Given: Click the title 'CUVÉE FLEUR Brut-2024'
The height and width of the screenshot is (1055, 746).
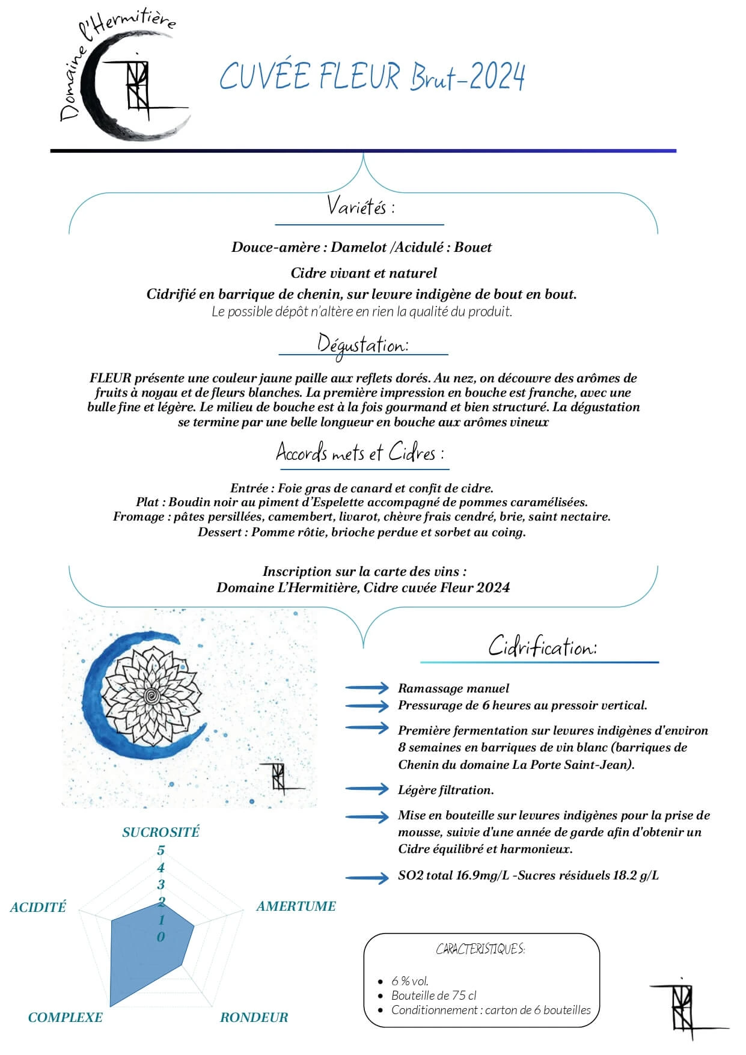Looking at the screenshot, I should coord(372,76).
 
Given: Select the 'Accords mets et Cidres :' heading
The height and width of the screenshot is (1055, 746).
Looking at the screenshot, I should coord(359,452).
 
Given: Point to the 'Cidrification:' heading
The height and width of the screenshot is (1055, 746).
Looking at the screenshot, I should coord(542,647).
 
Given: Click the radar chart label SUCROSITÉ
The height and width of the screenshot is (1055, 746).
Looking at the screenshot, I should coord(161,832).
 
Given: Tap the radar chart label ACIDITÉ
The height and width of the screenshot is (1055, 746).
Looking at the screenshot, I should coord(38,907).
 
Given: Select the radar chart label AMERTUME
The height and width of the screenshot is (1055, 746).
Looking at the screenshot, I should coord(296,906).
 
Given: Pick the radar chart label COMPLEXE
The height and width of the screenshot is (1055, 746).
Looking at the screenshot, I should coord(65,1017).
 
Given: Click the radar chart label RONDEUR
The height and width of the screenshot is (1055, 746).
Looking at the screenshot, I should coord(254,1017).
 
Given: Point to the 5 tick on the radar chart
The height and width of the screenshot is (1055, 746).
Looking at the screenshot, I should coord(161,850).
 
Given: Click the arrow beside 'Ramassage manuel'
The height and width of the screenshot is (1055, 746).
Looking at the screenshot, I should coord(367,688).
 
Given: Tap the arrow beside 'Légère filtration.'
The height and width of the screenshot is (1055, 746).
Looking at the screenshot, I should coord(367,789).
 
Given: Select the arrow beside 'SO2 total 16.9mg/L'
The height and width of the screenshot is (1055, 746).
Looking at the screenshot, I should coord(367,878).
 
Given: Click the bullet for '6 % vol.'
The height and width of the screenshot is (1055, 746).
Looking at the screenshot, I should coord(381,982).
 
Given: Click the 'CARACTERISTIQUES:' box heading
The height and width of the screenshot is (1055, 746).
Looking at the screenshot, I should coord(480,949).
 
